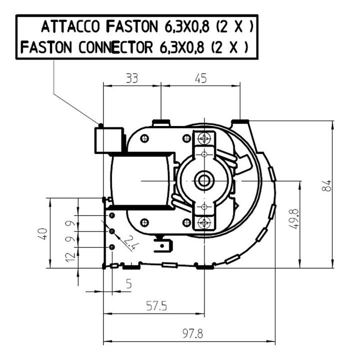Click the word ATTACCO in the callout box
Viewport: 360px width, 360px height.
pyautogui.click(x=70, y=26)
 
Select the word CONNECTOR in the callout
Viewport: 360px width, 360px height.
pyautogui.click(x=115, y=47)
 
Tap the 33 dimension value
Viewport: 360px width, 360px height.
pyautogui.click(x=132, y=78)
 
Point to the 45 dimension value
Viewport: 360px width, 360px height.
pyautogui.click(x=200, y=78)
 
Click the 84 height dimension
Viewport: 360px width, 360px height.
pyautogui.click(x=326, y=185)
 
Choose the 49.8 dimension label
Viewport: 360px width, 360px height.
pyautogui.click(x=294, y=219)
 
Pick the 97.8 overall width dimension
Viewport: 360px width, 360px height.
pyautogui.click(x=193, y=333)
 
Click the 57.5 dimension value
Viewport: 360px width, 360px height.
pyautogui.click(x=157, y=306)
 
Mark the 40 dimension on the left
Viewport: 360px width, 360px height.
pyautogui.click(x=43, y=234)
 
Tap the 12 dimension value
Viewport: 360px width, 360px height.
pyautogui.click(x=70, y=257)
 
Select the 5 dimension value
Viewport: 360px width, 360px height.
pyautogui.click(x=129, y=283)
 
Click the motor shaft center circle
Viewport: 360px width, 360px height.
pyautogui.click(x=204, y=181)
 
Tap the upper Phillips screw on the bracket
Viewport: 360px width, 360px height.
pyautogui.click(x=204, y=138)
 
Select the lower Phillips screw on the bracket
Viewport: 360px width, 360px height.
pyautogui.click(x=204, y=222)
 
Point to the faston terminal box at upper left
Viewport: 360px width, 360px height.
pyautogui.click(x=109, y=140)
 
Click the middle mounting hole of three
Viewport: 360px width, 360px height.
pyautogui.click(x=112, y=231)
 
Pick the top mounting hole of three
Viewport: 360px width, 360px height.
pyautogui.click(x=112, y=215)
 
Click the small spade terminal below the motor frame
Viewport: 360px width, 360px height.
pyautogui.click(x=163, y=245)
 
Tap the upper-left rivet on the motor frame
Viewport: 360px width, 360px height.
pyautogui.click(x=144, y=138)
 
